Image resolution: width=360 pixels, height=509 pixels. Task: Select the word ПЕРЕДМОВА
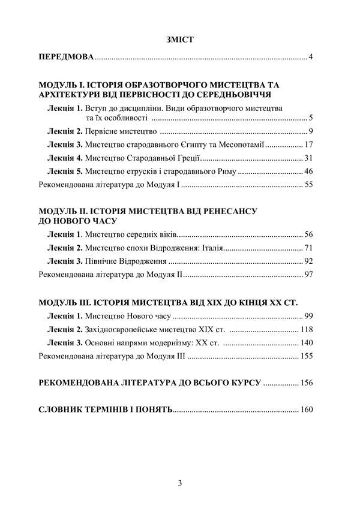coord(66,58)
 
